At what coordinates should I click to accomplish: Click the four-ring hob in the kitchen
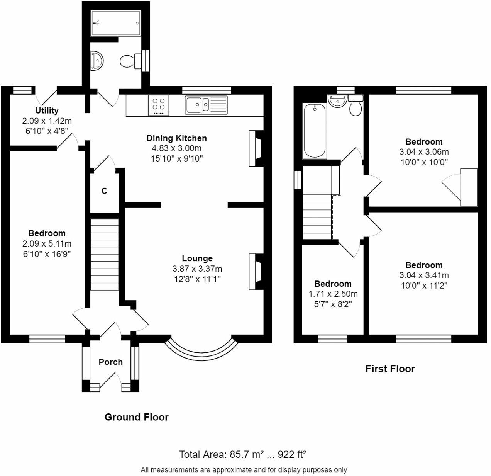[x=158, y=105]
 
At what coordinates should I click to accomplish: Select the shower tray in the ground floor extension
[x=116, y=23]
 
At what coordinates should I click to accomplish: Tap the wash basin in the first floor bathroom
[x=337, y=101]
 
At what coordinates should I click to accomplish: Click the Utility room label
[x=47, y=110]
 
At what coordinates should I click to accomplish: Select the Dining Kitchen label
[x=177, y=138]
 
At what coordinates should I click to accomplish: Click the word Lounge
[x=197, y=258]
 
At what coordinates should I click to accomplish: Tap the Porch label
[x=110, y=362]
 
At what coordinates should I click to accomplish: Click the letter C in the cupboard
[x=104, y=191]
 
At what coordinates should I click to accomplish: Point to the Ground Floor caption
[x=137, y=417]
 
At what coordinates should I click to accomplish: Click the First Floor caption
[x=390, y=369]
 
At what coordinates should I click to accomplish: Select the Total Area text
[x=242, y=454]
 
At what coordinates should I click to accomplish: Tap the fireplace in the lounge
[x=256, y=271]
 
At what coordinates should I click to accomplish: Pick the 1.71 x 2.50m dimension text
[x=333, y=294]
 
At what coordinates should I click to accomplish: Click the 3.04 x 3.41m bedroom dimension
[x=424, y=275]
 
